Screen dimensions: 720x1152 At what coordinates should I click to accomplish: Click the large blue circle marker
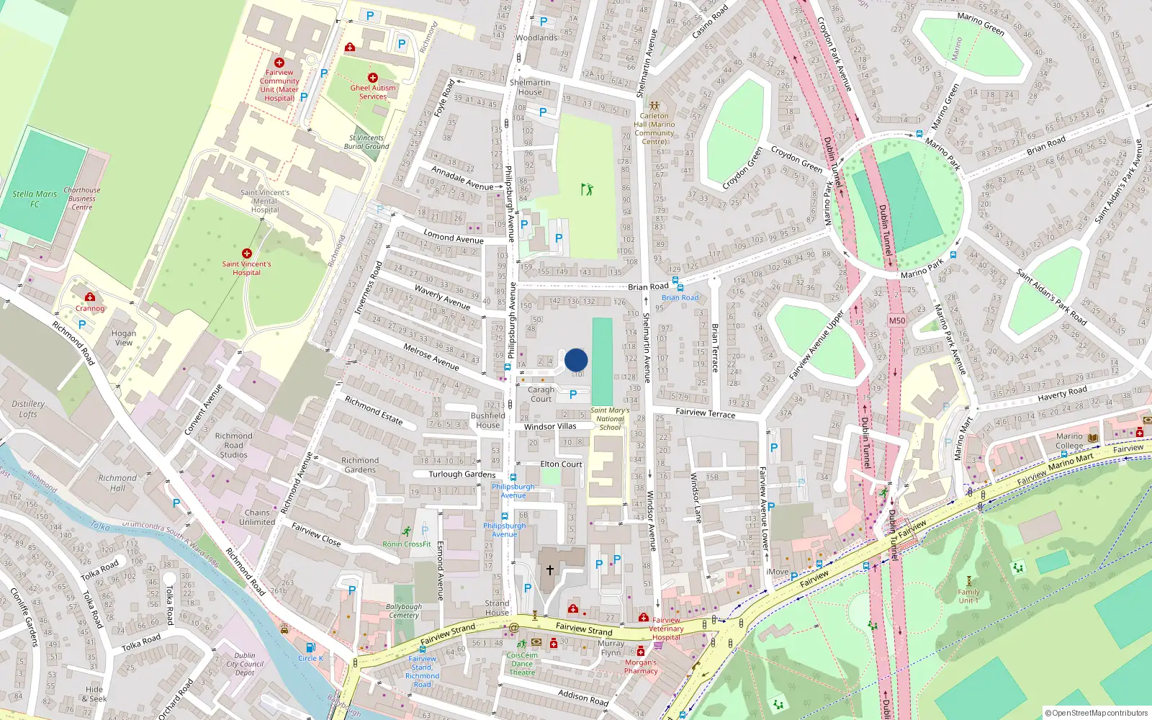pyautogui.click(x=576, y=360)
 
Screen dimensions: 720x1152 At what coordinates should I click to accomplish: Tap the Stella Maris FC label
pyautogui.click(x=35, y=199)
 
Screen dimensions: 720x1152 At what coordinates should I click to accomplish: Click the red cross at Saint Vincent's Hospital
pyautogui.click(x=247, y=253)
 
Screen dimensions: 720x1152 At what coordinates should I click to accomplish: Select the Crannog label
pyautogui.click(x=90, y=308)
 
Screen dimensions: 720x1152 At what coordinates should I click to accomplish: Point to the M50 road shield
pyautogui.click(x=896, y=321)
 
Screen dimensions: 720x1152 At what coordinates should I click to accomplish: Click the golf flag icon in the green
pyautogui.click(x=587, y=189)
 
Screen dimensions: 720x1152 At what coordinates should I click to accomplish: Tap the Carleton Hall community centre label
pyautogui.click(x=654, y=128)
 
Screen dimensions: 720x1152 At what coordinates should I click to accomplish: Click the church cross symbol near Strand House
pyautogui.click(x=549, y=570)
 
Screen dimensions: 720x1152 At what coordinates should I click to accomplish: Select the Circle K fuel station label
pyautogui.click(x=310, y=658)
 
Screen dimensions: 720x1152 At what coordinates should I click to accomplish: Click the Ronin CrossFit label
pyautogui.click(x=407, y=544)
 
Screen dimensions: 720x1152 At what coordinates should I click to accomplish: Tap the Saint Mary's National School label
pyautogui.click(x=610, y=419)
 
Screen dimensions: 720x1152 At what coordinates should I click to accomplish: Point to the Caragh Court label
pyautogui.click(x=541, y=394)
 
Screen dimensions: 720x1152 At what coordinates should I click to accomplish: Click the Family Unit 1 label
pyautogui.click(x=968, y=596)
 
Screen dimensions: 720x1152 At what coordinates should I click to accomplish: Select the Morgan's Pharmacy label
pyautogui.click(x=641, y=667)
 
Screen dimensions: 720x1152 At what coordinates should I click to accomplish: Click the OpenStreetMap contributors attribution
pyautogui.click(x=1097, y=713)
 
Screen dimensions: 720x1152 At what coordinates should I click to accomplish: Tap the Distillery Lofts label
pyautogui.click(x=28, y=409)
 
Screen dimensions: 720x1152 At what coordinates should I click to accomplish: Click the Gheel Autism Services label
pyautogui.click(x=373, y=92)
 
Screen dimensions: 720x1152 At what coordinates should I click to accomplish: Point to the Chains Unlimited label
pyautogui.click(x=257, y=517)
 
